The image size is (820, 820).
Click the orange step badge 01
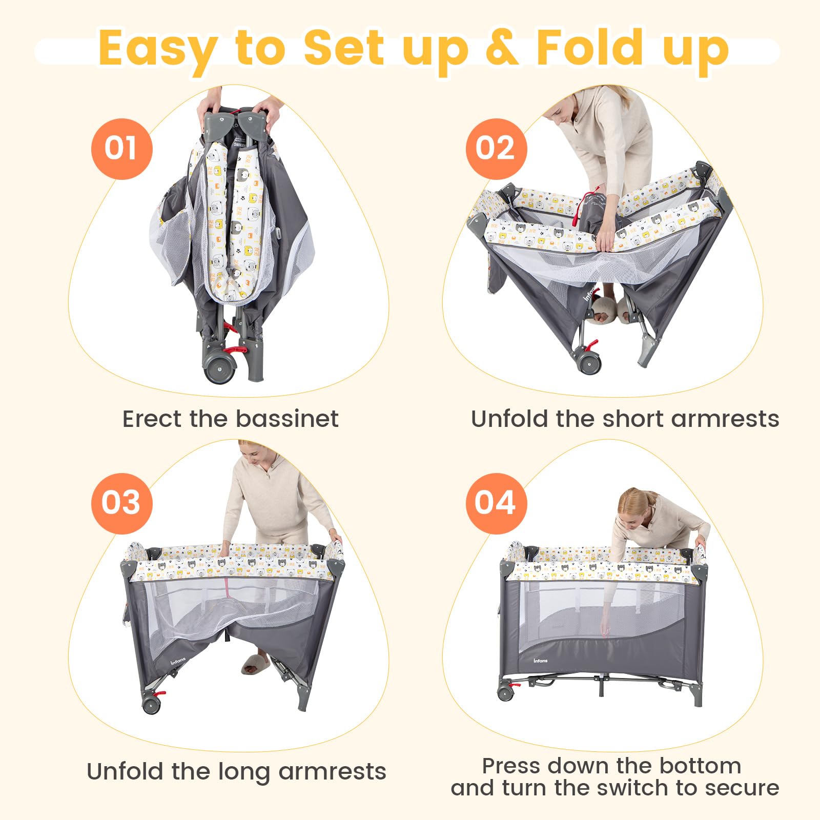(121, 149)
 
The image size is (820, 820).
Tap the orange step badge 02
(496, 149)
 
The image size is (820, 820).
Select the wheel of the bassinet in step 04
(505, 692)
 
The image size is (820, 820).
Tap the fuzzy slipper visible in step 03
(255, 663)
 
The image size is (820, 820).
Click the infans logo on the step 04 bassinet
(541, 660)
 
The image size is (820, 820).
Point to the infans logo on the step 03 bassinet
(179, 662)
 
